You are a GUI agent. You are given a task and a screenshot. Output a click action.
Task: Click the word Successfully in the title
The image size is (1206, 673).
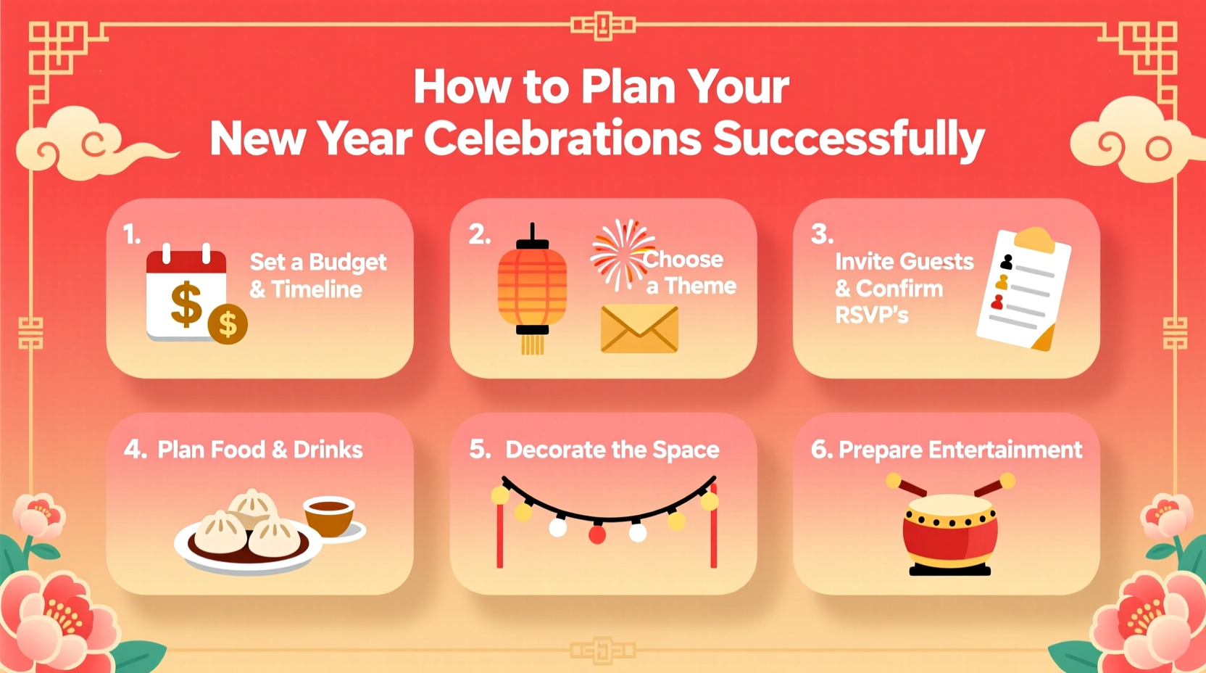coord(849,139)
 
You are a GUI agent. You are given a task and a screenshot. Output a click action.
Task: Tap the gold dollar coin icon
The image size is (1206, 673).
coord(228,324)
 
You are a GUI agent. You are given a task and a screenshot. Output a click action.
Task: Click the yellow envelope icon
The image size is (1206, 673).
coord(639,329)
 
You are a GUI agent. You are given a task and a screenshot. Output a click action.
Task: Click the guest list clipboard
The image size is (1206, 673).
coord(1024,289)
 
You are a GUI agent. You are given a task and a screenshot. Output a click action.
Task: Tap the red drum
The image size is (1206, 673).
coord(950,533)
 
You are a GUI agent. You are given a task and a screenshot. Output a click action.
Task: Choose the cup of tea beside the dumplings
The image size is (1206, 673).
coord(330,516)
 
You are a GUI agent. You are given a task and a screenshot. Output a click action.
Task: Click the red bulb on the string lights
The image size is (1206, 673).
coord(597,535)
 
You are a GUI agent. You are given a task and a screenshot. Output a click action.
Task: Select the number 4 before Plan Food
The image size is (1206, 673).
coord(134,449)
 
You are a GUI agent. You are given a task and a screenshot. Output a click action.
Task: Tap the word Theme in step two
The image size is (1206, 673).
coord(700,286)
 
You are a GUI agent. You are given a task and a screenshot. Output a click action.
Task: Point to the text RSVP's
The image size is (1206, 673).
coord(871,315)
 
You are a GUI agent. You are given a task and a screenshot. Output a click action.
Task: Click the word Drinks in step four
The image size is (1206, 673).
coord(328,450)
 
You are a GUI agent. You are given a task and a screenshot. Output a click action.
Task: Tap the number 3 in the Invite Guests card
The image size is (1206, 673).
coord(822,234)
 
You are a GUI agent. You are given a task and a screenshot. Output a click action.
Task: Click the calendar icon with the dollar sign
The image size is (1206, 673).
coord(186,294)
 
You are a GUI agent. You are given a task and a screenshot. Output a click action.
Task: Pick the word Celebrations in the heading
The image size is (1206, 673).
coord(562,139)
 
